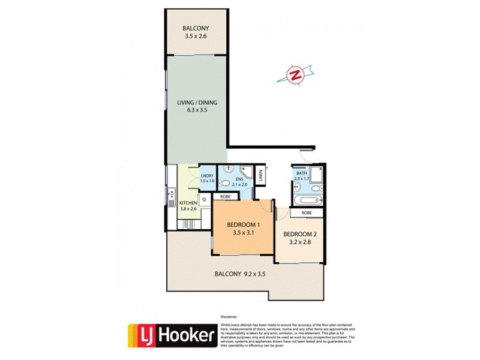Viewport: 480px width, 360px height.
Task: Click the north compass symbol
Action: tap(295, 74)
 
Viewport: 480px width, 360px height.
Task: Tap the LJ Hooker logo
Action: tap(171, 336)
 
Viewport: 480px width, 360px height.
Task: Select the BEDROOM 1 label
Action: tap(242, 226)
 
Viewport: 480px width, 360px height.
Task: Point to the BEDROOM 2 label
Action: tap(299, 233)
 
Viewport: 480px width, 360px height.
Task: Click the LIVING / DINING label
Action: tap(197, 103)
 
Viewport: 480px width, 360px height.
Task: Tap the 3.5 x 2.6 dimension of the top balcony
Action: tap(197, 37)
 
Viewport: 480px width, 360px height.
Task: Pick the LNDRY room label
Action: tap(206, 176)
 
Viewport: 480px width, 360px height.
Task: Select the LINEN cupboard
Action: tap(261, 176)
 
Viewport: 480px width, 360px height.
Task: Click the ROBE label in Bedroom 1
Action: tap(226, 197)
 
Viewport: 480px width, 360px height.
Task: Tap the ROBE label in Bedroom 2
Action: tap(306, 212)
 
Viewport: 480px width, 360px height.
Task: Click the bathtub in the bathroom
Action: tap(308, 200)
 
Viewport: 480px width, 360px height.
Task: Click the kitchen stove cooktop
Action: tap(188, 224)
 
